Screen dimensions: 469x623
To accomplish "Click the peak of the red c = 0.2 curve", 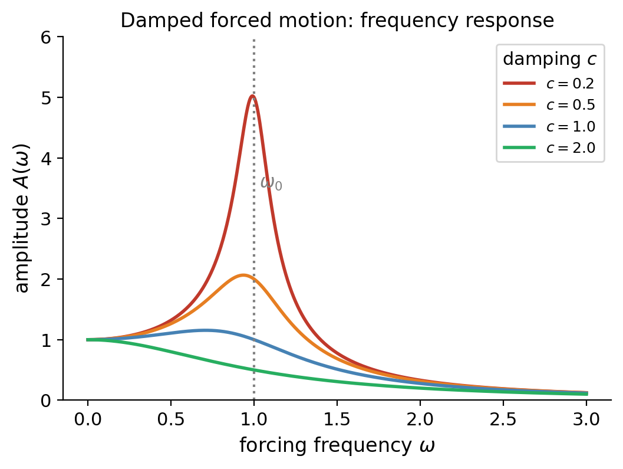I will [252, 96].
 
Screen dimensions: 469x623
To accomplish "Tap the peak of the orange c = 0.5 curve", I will [243, 275].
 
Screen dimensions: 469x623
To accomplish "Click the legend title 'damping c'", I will [549, 60].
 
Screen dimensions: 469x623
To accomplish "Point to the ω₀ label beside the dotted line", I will [271, 183].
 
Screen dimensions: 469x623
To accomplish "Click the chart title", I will [337, 21].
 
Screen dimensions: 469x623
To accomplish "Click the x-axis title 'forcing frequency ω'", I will [337, 446].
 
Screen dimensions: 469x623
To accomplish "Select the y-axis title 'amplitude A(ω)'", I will [22, 218].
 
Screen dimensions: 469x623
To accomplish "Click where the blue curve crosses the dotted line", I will [254, 339].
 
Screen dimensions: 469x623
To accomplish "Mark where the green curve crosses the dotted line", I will [254, 370].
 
